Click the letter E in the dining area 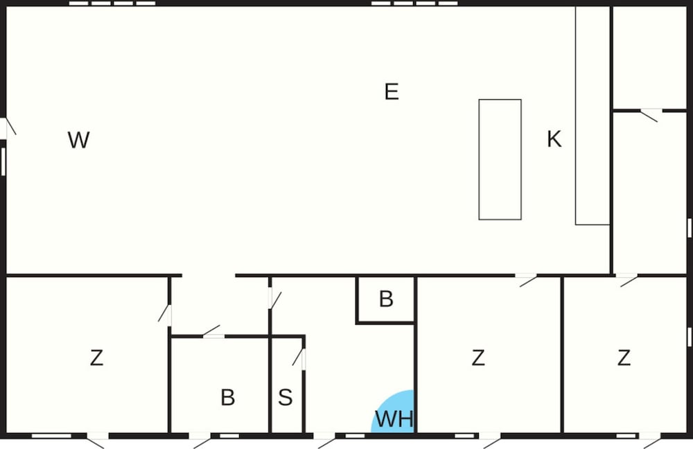tap(392, 91)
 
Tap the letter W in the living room tap(79, 140)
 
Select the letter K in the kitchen tap(554, 139)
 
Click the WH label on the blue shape tap(394, 419)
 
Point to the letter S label tap(285, 397)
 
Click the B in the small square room tap(386, 299)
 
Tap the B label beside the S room tap(227, 397)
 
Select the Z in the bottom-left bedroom tap(97, 358)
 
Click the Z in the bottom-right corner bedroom tap(624, 358)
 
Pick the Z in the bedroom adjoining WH tap(477, 358)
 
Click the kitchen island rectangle tap(500, 159)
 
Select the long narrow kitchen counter tap(593, 115)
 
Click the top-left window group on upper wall tap(112, 3)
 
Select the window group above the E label tap(414, 3)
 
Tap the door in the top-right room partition tap(651, 114)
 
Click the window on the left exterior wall tap(3, 161)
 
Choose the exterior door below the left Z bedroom tap(97, 439)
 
